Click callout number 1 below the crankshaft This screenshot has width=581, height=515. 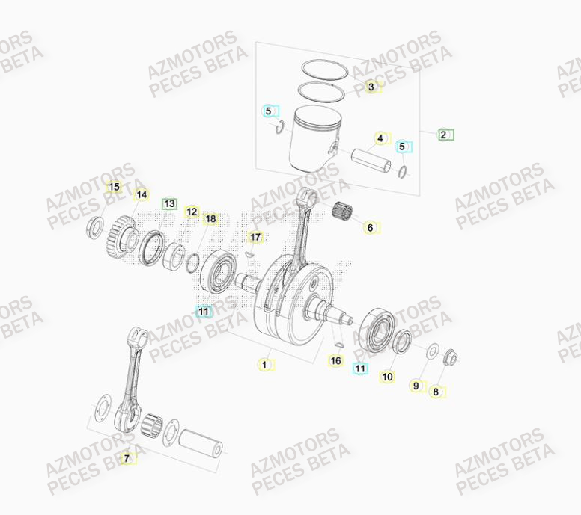(x=263, y=365)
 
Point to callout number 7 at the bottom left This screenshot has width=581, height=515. (x=127, y=458)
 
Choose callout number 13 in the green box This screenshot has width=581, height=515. (x=169, y=203)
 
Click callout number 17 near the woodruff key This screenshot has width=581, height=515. (x=255, y=238)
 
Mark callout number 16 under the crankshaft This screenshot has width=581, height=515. (x=336, y=361)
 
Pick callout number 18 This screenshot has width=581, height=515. (x=211, y=218)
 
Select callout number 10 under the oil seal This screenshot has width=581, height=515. (x=387, y=377)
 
